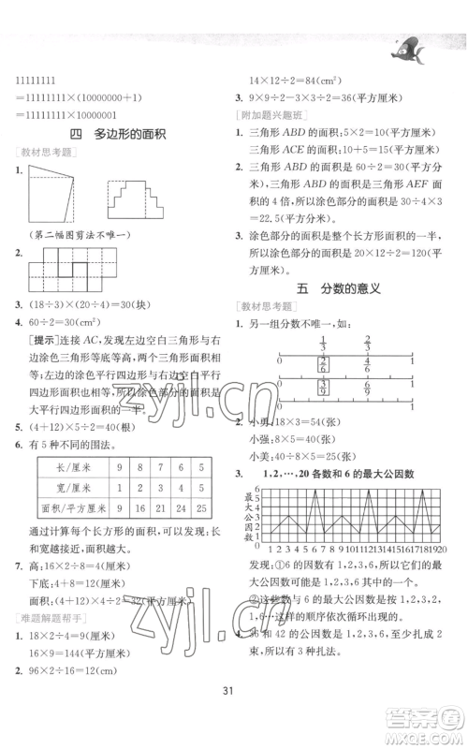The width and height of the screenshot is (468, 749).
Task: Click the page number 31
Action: point(233,717)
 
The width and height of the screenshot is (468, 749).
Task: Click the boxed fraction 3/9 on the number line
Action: point(323,385)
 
